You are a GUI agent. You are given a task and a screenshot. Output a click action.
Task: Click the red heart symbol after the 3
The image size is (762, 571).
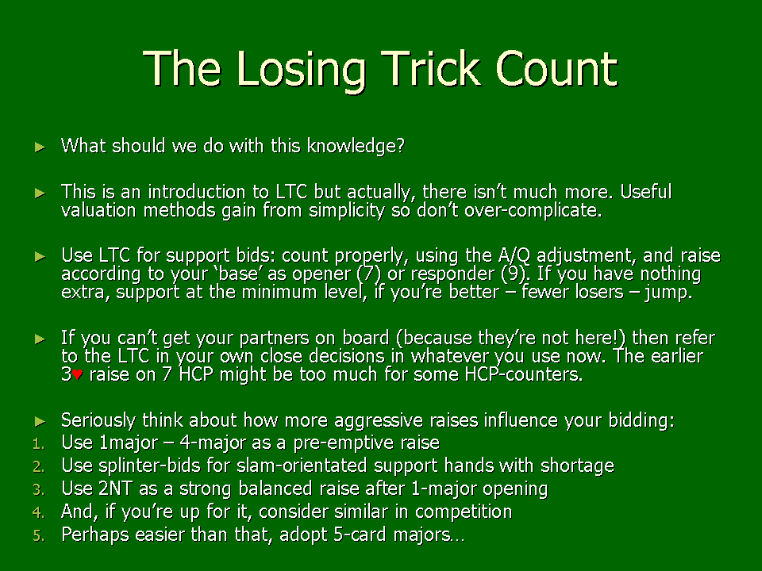click(x=77, y=375)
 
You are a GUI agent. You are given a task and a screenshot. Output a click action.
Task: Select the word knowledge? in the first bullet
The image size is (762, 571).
click(x=356, y=146)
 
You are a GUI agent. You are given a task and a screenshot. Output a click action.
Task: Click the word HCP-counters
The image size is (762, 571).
click(x=524, y=374)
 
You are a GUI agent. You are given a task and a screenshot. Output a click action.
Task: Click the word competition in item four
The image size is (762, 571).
click(x=464, y=512)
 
